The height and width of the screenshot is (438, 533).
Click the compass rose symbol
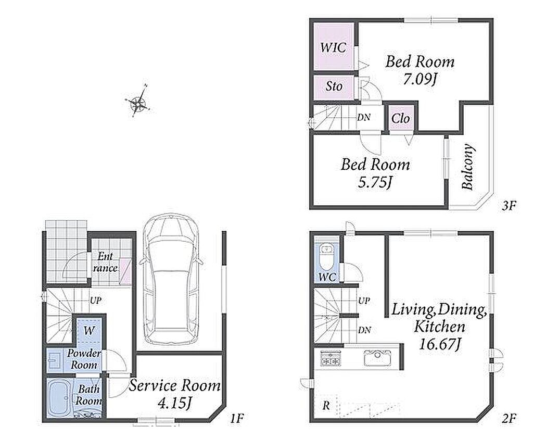pyautogui.click(x=137, y=102)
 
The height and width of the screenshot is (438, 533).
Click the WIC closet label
pyautogui.click(x=333, y=47)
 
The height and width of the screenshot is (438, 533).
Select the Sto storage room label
pyautogui.click(x=334, y=86)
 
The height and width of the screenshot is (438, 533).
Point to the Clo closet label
pyautogui.click(x=400, y=118)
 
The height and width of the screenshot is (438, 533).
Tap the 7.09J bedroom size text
pyautogui.click(x=420, y=79)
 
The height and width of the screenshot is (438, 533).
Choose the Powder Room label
pyautogui.click(x=84, y=359)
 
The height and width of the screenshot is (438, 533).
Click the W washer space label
pyautogui.click(x=88, y=331)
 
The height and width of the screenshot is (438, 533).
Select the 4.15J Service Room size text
pyautogui.click(x=175, y=404)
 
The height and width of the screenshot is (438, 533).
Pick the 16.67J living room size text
pyautogui.click(x=439, y=344)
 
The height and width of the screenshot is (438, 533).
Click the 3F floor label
pyautogui.click(x=509, y=206)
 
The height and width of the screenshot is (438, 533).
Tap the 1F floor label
pyautogui.click(x=237, y=418)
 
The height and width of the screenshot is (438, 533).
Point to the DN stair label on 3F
pyautogui.click(x=363, y=117)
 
